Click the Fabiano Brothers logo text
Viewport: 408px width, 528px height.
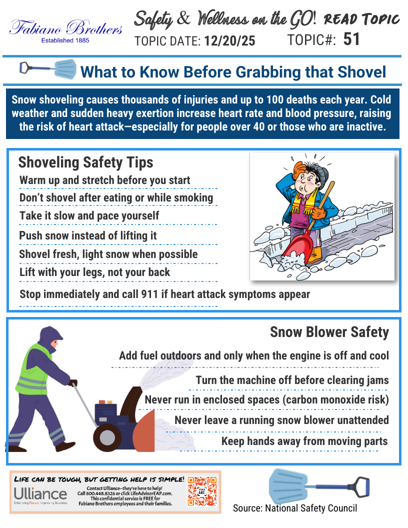[66, 27]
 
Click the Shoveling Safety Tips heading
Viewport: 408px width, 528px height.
[85, 162]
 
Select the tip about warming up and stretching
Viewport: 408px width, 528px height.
[104, 180]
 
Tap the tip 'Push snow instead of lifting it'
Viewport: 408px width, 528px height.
[88, 235]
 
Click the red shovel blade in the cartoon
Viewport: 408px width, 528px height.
[300, 244]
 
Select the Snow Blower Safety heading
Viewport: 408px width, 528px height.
[329, 332]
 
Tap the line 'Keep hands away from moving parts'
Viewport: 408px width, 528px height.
[304, 441]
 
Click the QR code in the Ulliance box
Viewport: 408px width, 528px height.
[202, 490]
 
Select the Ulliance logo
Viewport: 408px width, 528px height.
[40, 494]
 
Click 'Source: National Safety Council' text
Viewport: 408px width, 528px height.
[295, 508]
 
